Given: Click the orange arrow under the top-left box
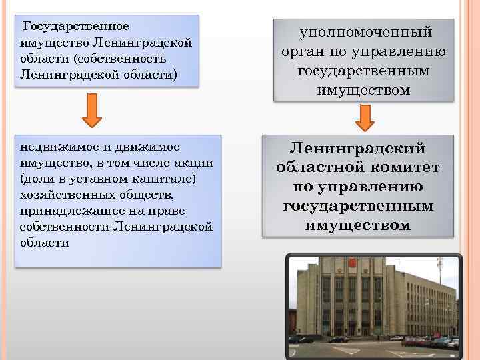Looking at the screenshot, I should click(x=91, y=111).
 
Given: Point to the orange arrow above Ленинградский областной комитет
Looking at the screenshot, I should click(x=365, y=118).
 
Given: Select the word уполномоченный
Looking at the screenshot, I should click(x=365, y=32).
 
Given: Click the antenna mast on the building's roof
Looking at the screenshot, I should click(x=439, y=270).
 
